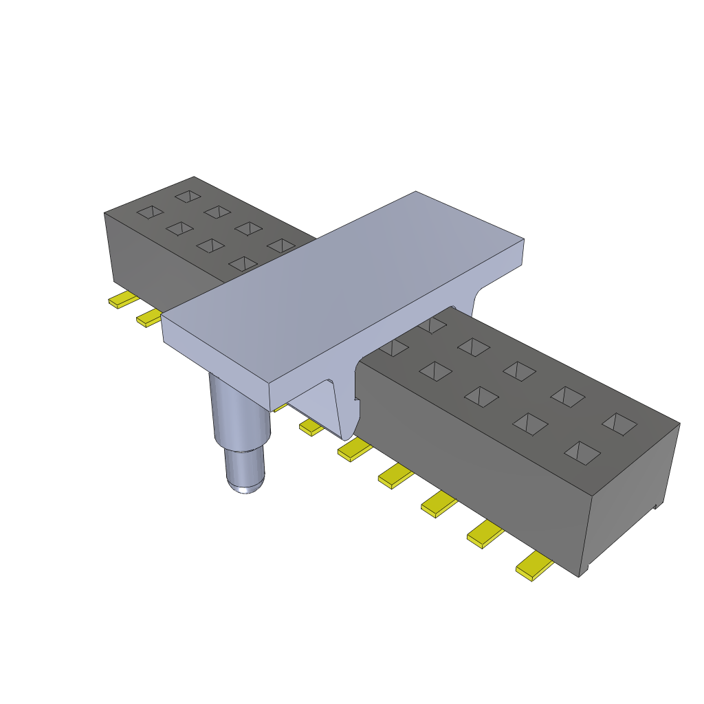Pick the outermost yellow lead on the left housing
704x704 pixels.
point(122,300)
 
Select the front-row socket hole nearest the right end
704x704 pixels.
point(582,452)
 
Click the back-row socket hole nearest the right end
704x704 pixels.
point(619,423)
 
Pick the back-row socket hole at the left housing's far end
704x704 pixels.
point(186,197)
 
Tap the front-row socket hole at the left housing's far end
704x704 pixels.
point(150,212)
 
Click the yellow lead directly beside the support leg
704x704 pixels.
point(311,428)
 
